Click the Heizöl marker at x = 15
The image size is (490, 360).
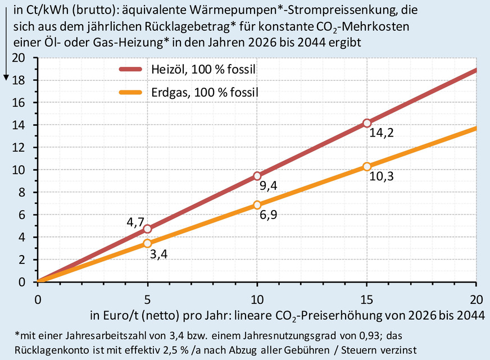[367, 123]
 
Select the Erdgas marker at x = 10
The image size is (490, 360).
[257, 205]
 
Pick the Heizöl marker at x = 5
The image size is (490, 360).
[147, 229]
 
